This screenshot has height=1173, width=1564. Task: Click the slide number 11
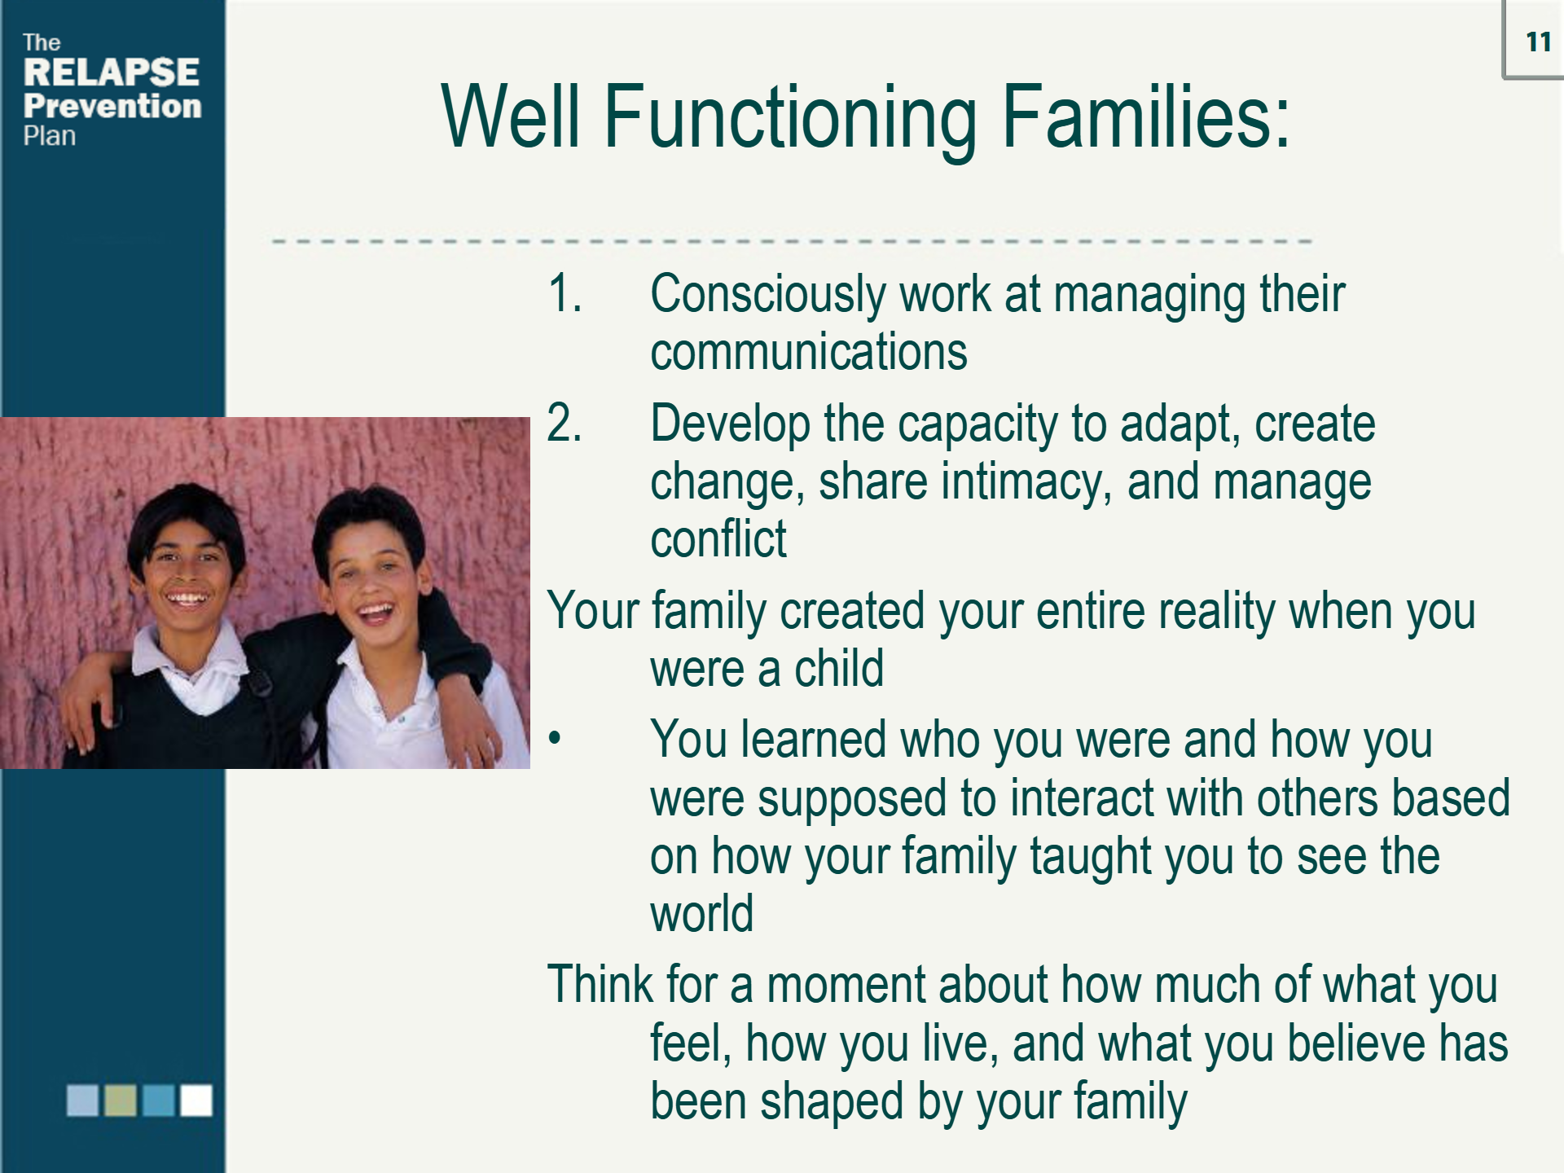click(1538, 42)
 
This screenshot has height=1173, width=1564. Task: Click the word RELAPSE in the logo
click(112, 72)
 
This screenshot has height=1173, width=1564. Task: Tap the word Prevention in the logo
click(112, 106)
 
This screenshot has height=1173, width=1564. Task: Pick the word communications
click(809, 352)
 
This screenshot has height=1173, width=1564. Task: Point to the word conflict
click(718, 538)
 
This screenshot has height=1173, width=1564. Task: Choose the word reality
click(1217, 613)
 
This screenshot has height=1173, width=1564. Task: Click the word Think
click(600, 984)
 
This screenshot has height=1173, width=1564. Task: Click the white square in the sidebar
click(196, 1100)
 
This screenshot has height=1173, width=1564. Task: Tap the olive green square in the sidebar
click(121, 1100)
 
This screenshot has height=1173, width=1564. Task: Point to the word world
click(701, 914)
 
